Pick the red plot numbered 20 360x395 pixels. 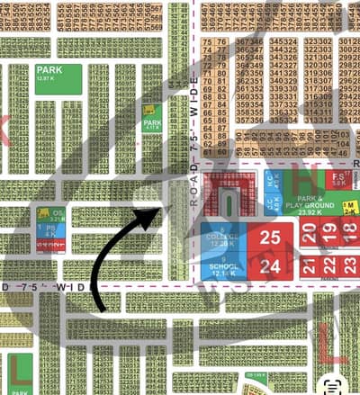pyautogui.click(x=309, y=235)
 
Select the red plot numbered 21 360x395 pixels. pyautogui.click(x=309, y=265)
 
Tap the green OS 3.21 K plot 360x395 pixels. pyautogui.click(x=56, y=215)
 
